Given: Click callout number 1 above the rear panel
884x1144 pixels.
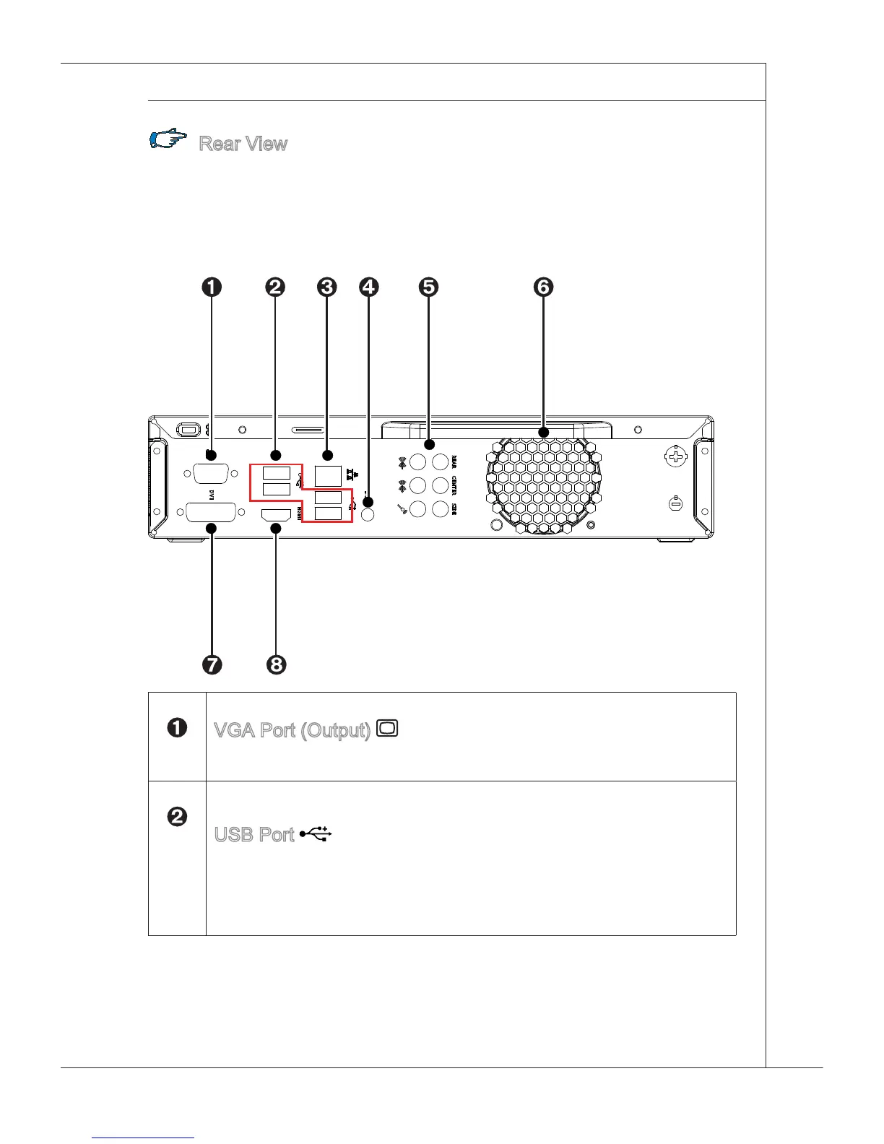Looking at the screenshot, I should [x=212, y=287].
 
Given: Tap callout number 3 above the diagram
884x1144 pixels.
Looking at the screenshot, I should [x=326, y=287].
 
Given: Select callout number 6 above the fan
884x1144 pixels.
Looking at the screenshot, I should [x=543, y=287].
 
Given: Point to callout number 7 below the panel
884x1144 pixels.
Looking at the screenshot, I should [x=212, y=664].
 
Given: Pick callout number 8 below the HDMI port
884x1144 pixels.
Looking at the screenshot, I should [x=276, y=664].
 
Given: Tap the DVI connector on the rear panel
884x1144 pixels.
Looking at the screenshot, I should [x=210, y=513].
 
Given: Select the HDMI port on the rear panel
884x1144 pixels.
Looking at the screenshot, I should [x=275, y=515].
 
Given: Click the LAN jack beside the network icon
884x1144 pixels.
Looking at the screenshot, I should [x=328, y=475].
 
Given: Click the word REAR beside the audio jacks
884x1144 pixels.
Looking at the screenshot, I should [x=454, y=461].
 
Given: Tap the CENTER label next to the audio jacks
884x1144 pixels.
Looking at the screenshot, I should [x=454, y=485].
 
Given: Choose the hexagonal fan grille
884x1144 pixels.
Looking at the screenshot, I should [x=543, y=485].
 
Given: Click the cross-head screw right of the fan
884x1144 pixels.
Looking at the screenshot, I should [x=675, y=457].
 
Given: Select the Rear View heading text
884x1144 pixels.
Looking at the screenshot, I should [x=243, y=144].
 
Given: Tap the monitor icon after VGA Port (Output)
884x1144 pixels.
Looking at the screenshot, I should [x=387, y=728].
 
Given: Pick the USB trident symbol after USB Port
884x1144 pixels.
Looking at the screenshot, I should [x=316, y=834].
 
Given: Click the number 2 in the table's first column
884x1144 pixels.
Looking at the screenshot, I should [x=177, y=817].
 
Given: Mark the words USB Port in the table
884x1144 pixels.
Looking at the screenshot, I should [x=254, y=835].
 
